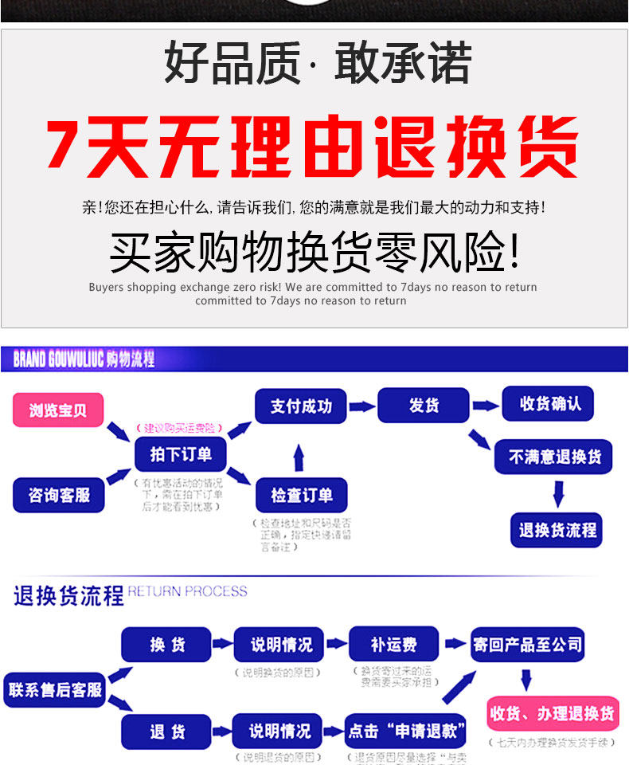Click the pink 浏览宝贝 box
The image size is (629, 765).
tap(58, 410)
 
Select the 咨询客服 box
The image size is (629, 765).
tap(59, 495)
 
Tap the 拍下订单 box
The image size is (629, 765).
tap(181, 454)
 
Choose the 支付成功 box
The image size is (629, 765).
tap(300, 406)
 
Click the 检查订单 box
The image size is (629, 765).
tap(300, 495)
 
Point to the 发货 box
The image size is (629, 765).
tap(424, 405)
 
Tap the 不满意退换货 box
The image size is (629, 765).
tap(554, 457)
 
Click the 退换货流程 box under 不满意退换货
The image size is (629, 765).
tap(557, 530)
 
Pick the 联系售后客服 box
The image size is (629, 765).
tap(55, 689)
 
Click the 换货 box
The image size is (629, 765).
tap(166, 645)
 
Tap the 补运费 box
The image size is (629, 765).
tap(393, 645)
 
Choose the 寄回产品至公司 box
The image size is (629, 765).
tap(527, 644)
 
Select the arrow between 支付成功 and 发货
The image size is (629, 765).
tap(361, 406)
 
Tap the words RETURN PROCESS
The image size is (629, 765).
tap(188, 591)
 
